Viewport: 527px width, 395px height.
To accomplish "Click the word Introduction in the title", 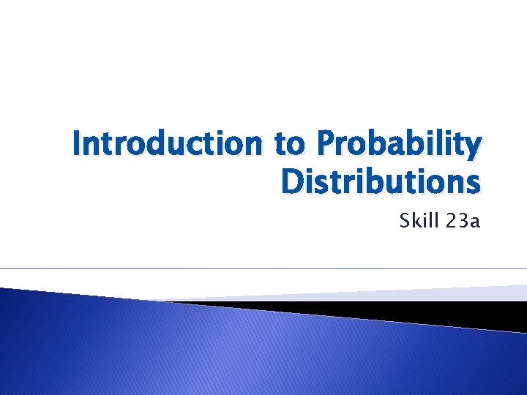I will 168,144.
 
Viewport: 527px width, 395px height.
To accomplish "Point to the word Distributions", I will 381,182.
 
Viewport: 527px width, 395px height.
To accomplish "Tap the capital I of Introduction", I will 78,144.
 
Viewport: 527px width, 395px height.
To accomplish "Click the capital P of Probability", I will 324,144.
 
